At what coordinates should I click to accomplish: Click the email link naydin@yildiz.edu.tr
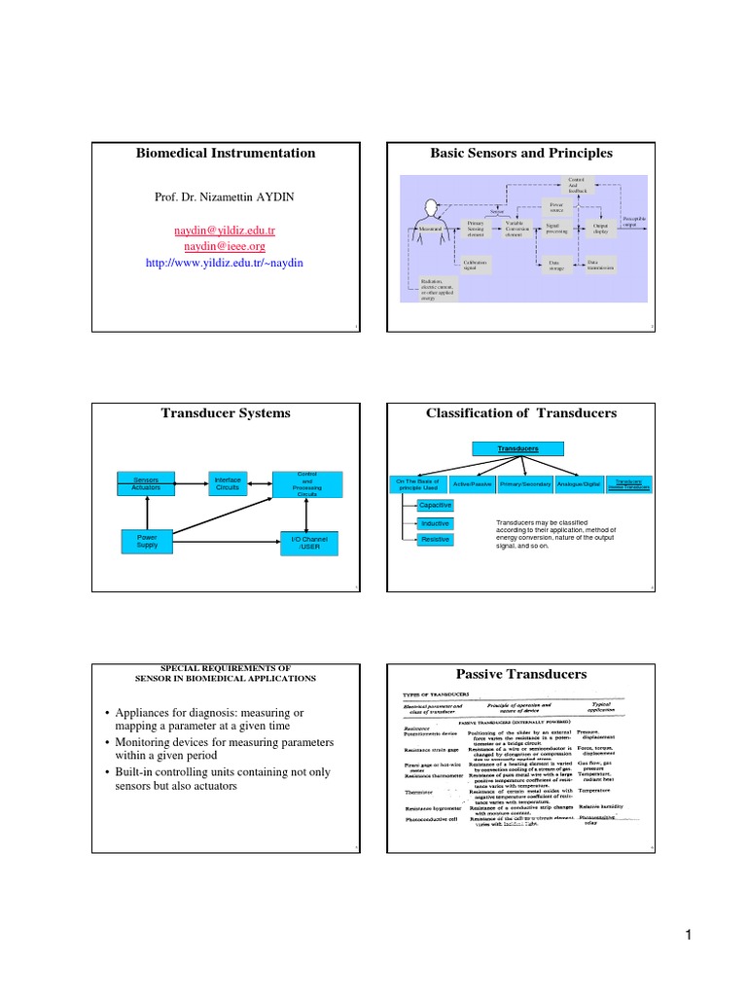point(225,231)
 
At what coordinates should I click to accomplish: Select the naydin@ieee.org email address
point(225,246)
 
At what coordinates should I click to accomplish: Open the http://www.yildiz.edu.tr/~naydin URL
point(225,262)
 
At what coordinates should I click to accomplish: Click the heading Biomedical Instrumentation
point(225,153)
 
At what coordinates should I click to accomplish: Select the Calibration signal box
point(477,265)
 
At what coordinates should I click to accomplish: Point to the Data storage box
point(553,265)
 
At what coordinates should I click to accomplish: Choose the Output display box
point(600,229)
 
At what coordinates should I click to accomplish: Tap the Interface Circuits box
point(229,482)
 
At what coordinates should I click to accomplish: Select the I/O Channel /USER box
point(309,543)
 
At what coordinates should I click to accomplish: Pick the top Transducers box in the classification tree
point(518,448)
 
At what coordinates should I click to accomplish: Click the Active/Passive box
point(472,483)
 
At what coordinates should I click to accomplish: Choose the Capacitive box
point(435,505)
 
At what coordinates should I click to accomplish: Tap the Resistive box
point(435,539)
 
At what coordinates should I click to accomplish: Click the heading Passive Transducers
point(520,674)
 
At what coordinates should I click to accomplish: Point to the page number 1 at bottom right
point(687,936)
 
